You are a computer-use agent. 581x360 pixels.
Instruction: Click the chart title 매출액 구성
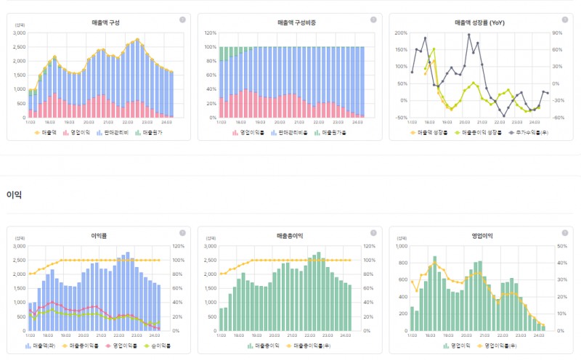[99, 23]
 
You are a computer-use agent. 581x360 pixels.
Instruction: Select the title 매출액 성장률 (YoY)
[479, 23]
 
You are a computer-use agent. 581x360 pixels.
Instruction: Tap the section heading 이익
[14, 195]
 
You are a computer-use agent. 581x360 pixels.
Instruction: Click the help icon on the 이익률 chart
[182, 231]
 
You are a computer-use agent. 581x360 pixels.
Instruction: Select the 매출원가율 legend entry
[328, 133]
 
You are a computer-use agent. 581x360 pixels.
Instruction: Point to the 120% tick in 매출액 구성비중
[211, 33]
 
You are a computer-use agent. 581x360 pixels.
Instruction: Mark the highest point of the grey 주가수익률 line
[469, 34]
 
